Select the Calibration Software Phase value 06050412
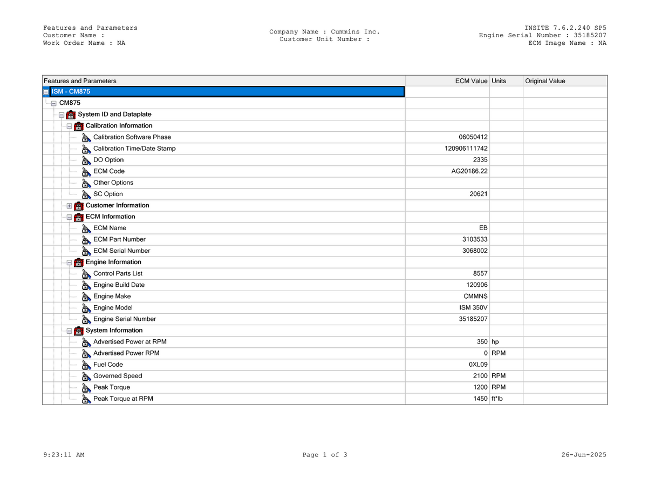coord(473,137)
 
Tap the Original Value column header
coord(545,81)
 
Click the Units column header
coord(499,81)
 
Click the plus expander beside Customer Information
coord(69,206)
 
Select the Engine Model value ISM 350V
coord(473,308)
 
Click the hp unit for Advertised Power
coord(495,342)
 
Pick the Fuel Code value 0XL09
coord(478,365)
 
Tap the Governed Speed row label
coord(118,376)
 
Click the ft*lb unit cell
coord(497,399)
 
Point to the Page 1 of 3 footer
coord(325,455)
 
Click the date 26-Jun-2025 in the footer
coord(584,455)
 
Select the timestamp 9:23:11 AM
coord(64,455)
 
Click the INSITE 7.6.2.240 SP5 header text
coord(565,28)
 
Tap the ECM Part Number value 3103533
coord(475,239)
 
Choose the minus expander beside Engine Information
coord(69,263)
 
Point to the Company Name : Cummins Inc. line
coord(325,32)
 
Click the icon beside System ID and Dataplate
coord(71,115)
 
